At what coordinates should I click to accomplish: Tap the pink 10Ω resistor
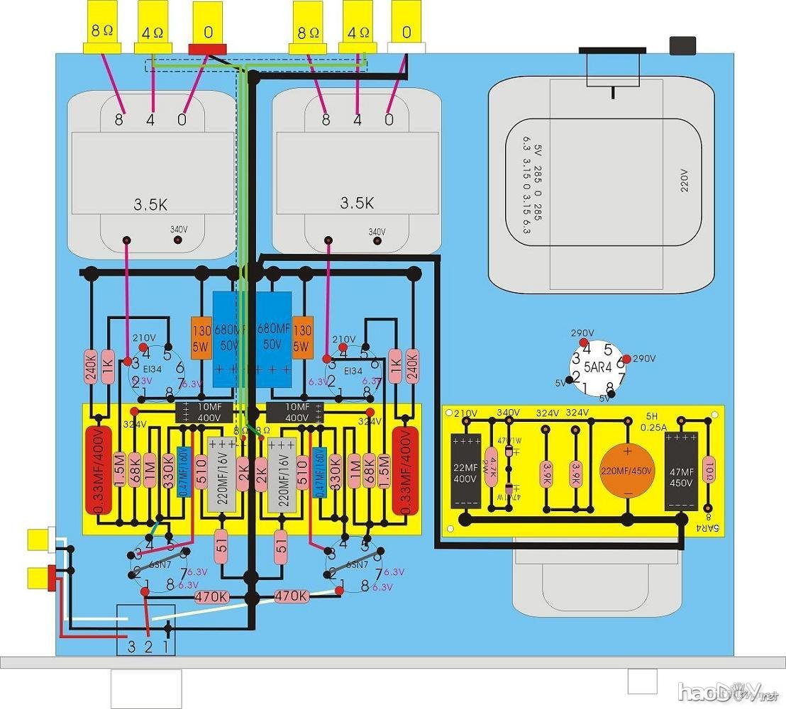coord(707,469)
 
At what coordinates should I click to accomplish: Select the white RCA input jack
coord(39,540)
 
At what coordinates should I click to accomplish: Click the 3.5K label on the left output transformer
coord(150,205)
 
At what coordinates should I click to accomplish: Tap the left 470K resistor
coord(212,597)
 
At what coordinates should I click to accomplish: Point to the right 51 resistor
coord(282,546)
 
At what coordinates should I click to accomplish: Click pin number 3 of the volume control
coord(131,646)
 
